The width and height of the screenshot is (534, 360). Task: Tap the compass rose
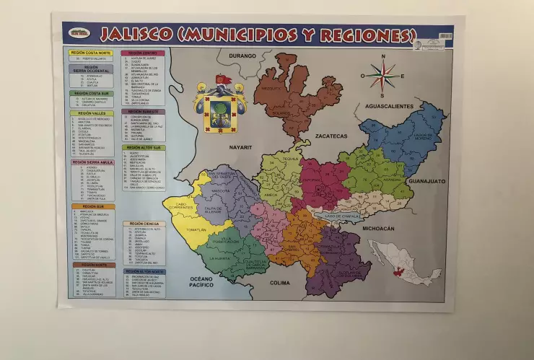(383, 74)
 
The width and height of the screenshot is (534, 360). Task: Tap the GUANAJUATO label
(428, 183)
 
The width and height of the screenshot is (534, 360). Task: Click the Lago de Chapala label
(341, 216)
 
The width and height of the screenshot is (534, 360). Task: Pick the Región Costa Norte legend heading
(91, 53)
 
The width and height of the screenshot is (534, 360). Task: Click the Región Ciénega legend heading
(142, 224)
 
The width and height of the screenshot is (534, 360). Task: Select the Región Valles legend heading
(90, 114)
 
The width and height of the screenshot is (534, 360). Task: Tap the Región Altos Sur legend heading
(144, 147)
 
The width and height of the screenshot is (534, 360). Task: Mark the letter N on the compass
(383, 56)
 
